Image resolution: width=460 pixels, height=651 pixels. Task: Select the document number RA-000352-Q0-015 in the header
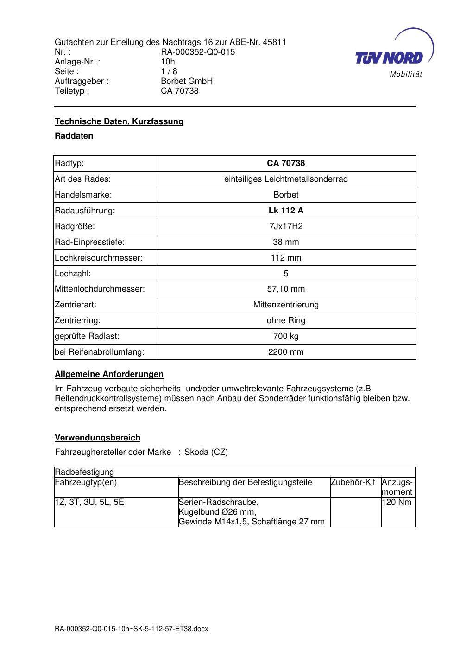(x=198, y=52)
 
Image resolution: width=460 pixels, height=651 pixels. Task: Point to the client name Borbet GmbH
(x=187, y=81)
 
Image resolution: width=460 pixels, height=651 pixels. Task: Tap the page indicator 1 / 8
(x=169, y=71)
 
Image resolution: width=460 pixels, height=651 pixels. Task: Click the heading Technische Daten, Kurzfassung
(x=119, y=121)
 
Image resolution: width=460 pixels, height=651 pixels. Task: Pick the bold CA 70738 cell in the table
(x=286, y=163)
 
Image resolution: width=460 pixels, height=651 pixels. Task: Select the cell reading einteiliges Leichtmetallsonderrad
(x=286, y=179)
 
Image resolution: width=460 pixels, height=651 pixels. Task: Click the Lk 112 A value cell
(x=286, y=211)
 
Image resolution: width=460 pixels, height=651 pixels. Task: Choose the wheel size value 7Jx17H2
(x=286, y=226)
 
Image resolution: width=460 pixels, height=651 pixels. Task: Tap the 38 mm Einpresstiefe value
(x=286, y=242)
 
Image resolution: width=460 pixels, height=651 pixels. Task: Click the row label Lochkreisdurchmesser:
(x=99, y=258)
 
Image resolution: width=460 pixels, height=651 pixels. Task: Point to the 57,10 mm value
(x=286, y=289)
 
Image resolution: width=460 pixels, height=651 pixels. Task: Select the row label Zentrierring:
(x=78, y=320)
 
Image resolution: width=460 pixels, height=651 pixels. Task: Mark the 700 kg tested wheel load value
(x=286, y=336)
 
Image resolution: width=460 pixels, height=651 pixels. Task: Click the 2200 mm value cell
(x=286, y=352)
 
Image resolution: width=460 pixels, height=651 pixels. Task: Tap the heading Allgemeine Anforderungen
(x=109, y=374)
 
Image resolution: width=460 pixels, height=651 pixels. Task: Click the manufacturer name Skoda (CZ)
(x=206, y=452)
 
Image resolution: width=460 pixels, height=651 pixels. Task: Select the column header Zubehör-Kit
(x=353, y=482)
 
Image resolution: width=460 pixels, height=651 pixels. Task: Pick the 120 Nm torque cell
(x=397, y=502)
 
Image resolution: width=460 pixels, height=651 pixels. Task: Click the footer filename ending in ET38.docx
(x=132, y=629)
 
